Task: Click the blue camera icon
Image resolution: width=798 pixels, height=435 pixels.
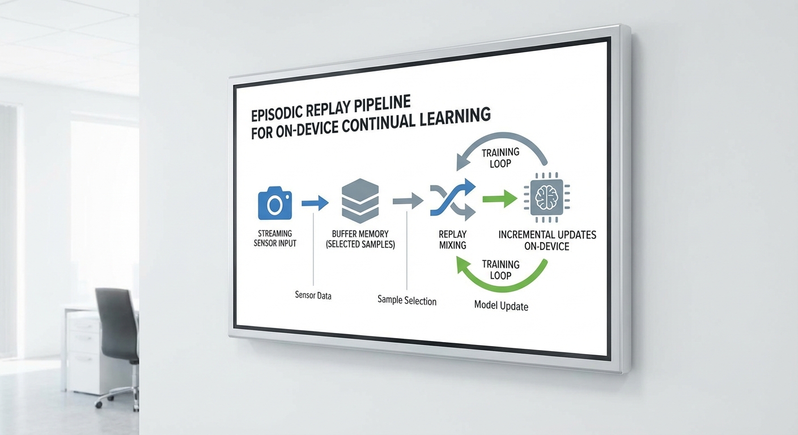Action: point(275,203)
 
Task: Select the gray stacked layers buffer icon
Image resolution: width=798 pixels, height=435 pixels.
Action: point(360,201)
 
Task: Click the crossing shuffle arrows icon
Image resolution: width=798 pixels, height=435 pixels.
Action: point(452,200)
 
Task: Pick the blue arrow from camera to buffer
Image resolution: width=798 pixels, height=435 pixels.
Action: point(315,202)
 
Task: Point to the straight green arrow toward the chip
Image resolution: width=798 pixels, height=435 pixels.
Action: point(499,199)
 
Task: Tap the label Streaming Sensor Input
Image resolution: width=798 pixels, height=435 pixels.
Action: point(275,238)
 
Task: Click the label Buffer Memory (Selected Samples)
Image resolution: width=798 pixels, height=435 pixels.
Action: point(360,238)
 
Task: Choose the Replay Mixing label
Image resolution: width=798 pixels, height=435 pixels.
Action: point(452,240)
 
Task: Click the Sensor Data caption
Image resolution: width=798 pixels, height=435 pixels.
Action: point(313,295)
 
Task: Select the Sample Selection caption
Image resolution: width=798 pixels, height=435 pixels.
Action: point(406,300)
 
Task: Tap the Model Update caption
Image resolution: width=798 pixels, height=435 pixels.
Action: point(501,306)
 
